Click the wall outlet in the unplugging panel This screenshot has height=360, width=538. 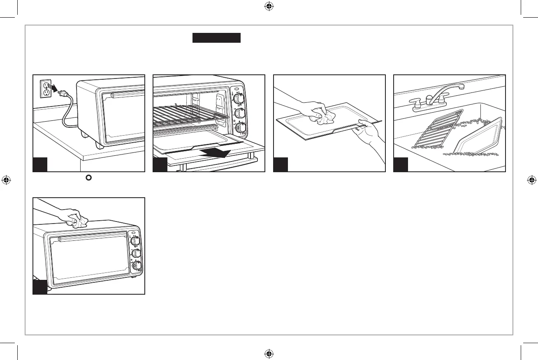45,88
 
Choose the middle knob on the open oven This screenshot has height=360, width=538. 239,113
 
